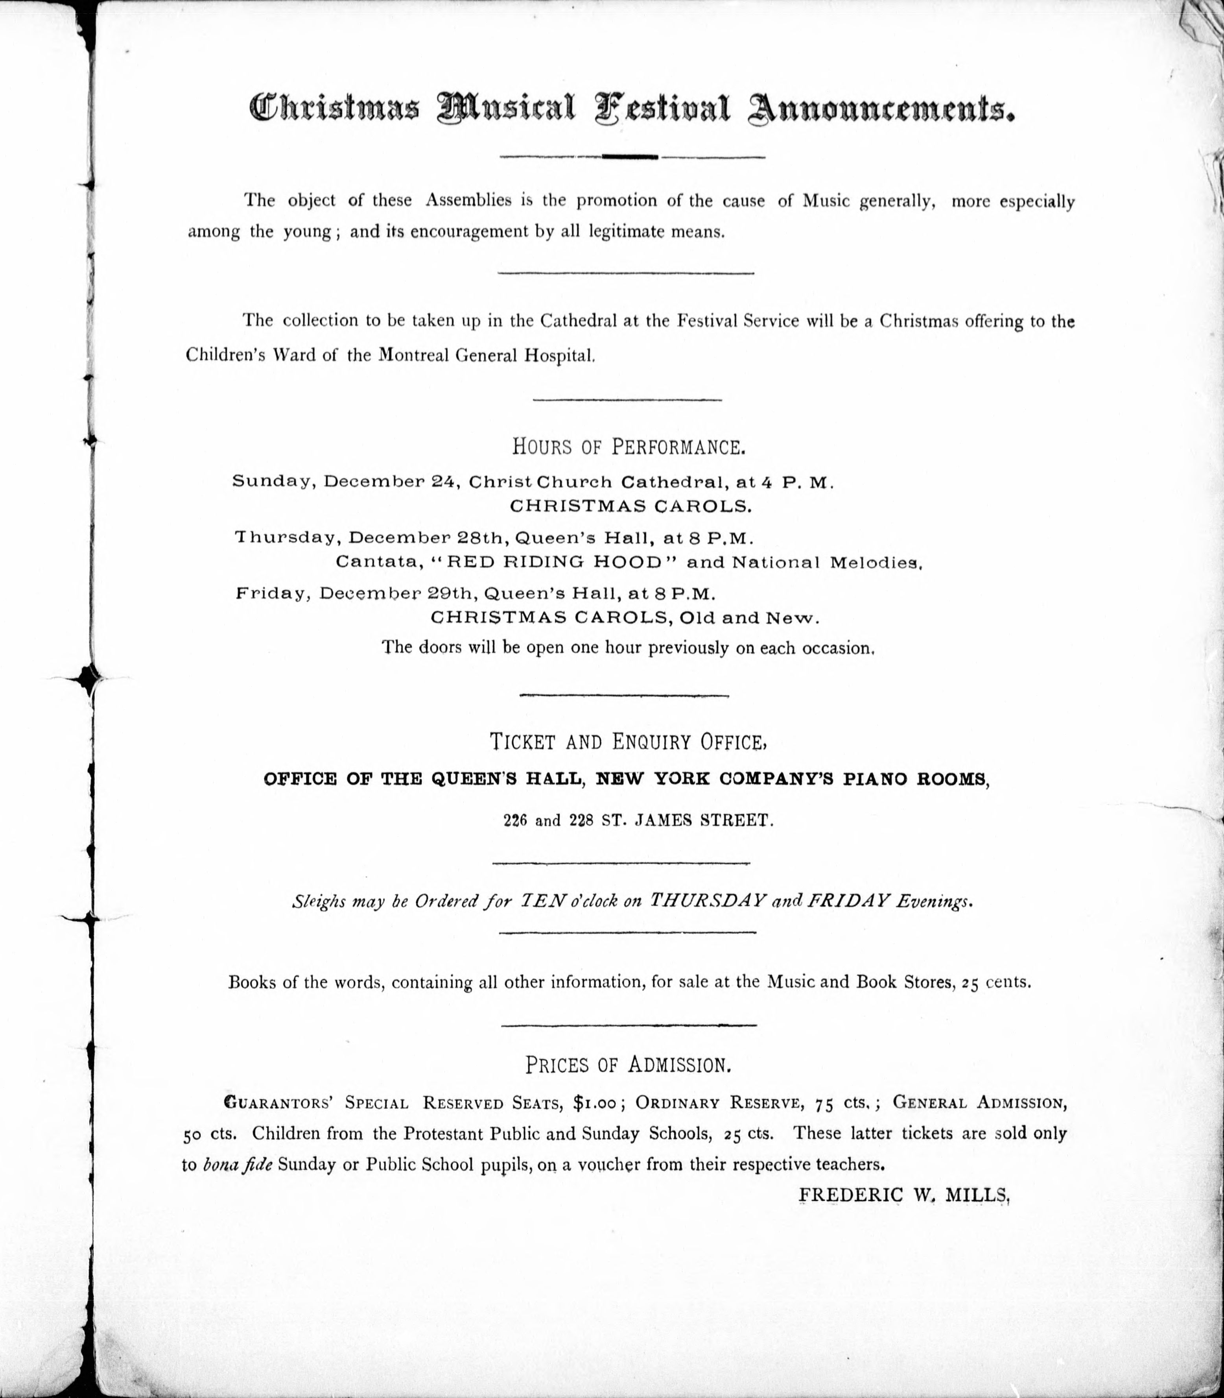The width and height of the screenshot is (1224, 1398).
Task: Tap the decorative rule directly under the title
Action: click(632, 157)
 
